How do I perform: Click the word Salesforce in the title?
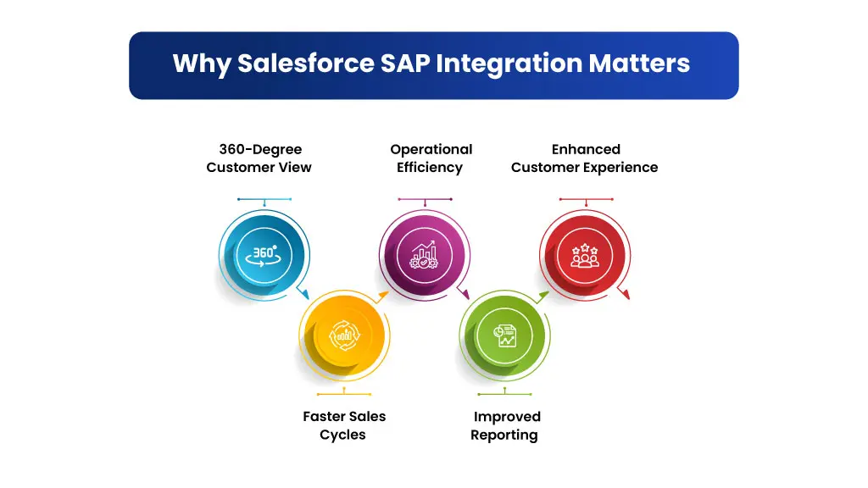tap(305, 63)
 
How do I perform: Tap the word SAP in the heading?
tap(405, 63)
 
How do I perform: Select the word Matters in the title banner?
tap(639, 63)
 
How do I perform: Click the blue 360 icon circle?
tap(264, 256)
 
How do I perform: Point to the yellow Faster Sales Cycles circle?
tap(344, 335)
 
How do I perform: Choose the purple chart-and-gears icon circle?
tap(425, 256)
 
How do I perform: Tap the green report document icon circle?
tap(505, 335)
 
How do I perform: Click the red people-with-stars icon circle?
tap(585, 256)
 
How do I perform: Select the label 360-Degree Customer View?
tap(259, 158)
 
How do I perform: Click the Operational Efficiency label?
tap(431, 158)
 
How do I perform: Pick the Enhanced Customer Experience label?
tap(585, 158)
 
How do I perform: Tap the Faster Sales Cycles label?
tap(344, 425)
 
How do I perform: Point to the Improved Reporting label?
tap(505, 425)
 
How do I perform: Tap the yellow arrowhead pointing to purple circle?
tap(383, 297)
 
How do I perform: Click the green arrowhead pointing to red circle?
tap(543, 297)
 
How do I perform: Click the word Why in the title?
tap(202, 64)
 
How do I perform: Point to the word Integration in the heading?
tap(509, 64)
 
